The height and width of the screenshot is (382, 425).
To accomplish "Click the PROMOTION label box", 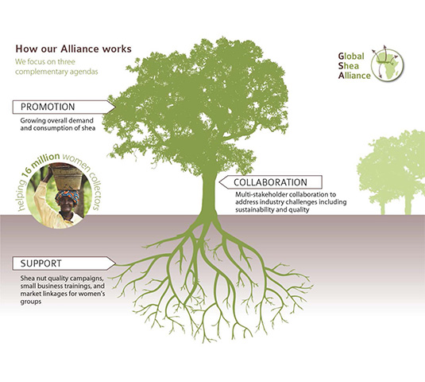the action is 64,107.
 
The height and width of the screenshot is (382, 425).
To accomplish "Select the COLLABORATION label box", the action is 271,182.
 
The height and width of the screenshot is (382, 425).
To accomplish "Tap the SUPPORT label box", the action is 64,263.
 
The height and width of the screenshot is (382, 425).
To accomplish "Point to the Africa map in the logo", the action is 389,65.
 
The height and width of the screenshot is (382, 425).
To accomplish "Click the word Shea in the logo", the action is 349,66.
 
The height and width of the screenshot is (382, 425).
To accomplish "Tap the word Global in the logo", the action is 351,57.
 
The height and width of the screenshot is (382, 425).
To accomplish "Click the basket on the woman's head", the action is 66,177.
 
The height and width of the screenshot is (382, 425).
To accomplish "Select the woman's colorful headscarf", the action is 68,196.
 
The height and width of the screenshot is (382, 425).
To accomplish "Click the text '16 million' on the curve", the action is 41,164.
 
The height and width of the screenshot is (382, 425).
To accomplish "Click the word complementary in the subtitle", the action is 41,72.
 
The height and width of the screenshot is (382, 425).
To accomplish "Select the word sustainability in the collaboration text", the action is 253,210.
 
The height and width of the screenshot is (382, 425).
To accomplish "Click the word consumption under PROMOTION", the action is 54,128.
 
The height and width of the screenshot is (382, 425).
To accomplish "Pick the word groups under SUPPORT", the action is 31,302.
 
